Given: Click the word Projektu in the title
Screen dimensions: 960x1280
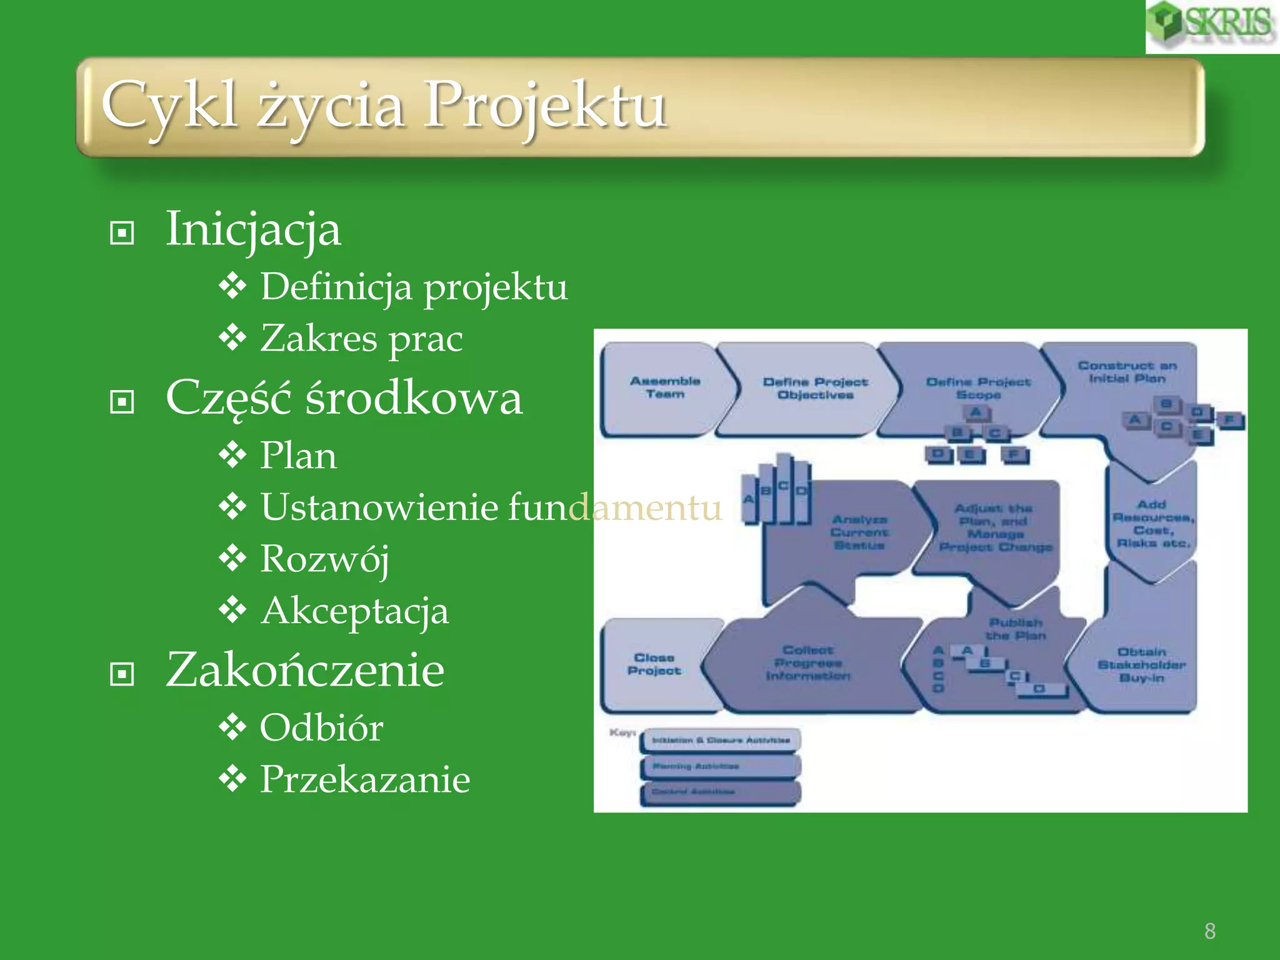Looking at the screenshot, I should tap(545, 105).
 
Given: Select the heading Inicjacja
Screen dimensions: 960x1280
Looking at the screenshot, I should tap(253, 229).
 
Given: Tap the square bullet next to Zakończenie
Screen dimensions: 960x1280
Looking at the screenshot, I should tap(122, 674).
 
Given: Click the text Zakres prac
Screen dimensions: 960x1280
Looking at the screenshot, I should tap(361, 339).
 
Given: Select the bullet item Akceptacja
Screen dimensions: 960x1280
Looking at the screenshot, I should tap(354, 611).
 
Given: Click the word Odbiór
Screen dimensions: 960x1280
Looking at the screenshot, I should tap(321, 727).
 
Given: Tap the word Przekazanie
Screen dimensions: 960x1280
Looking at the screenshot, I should tap(365, 779).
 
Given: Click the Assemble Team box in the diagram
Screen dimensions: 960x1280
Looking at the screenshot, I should tap(664, 387).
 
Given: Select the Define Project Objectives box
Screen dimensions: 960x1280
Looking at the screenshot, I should tap(815, 388).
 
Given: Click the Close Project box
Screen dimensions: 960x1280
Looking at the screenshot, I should tap(654, 664).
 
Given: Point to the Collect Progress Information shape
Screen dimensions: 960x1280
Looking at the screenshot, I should tap(807, 663).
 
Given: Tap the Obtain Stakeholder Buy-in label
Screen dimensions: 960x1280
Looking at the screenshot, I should tap(1141, 665).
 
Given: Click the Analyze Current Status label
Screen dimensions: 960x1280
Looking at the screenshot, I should tap(859, 532).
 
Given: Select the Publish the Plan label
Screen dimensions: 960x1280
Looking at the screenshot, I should tap(1016, 629).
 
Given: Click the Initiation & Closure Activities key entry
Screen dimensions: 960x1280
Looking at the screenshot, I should tap(721, 740).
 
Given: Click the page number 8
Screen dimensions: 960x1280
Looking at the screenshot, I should tap(1210, 931).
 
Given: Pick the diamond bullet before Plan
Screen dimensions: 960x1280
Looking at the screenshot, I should tap(232, 455).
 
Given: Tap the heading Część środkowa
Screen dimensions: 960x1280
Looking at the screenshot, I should tap(344, 398).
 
